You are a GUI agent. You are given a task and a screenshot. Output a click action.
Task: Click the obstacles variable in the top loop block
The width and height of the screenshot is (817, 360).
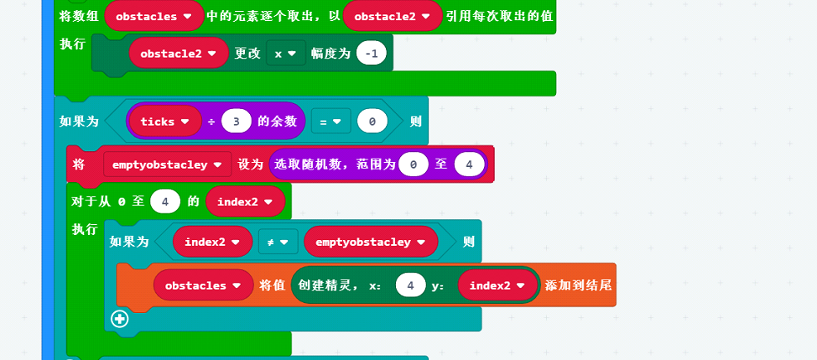tap(154, 16)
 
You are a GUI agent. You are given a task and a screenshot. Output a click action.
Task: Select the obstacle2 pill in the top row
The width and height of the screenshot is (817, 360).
tap(393, 16)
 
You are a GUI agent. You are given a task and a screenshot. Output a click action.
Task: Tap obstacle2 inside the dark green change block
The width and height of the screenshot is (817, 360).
tap(179, 53)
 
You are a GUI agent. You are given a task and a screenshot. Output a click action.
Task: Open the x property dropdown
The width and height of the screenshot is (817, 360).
tap(285, 53)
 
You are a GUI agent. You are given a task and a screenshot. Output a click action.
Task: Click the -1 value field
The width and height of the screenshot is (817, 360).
tap(371, 53)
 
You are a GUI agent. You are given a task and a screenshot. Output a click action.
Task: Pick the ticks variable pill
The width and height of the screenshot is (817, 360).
tap(164, 121)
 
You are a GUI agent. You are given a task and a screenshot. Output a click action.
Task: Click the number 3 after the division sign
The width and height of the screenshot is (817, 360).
tap(237, 121)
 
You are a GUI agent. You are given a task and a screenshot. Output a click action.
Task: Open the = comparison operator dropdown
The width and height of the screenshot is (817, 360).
tap(330, 121)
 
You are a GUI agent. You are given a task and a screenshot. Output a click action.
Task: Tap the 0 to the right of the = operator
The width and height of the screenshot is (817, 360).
tap(371, 121)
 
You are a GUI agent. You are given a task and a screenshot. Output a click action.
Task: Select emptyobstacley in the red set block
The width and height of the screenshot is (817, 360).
tap(166, 164)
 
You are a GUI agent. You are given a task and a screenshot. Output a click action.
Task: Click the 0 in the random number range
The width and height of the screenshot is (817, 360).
tap(414, 164)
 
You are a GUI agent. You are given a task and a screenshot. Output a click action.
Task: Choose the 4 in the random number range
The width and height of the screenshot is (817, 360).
tap(469, 164)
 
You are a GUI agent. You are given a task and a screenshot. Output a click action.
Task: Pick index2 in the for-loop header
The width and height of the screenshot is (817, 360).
tap(245, 201)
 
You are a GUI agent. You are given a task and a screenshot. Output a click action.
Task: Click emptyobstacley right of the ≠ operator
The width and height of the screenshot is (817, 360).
tap(370, 242)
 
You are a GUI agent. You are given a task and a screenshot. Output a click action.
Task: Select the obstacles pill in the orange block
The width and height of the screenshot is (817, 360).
tap(203, 285)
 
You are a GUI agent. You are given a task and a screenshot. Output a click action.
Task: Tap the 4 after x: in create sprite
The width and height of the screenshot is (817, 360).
tap(410, 285)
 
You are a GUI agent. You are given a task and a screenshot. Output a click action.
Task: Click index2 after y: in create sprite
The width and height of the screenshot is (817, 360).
tap(497, 285)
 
